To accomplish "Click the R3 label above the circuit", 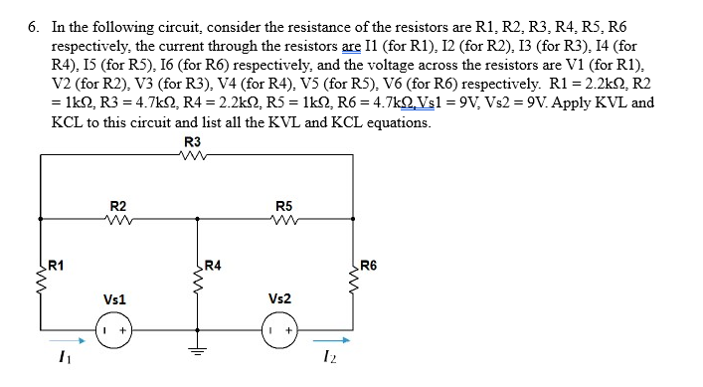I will tap(193, 141).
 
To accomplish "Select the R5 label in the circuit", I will tap(283, 206).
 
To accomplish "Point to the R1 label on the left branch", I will tap(57, 266).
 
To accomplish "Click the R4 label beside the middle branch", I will tap(211, 266).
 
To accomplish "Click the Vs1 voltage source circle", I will tap(110, 328).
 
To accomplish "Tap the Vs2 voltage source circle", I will tap(277, 328).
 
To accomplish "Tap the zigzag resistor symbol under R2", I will tap(119, 219).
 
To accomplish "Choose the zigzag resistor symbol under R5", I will tap(283, 219).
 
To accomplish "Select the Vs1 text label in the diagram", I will tap(114, 298).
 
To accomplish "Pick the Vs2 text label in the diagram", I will tap(280, 298).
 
